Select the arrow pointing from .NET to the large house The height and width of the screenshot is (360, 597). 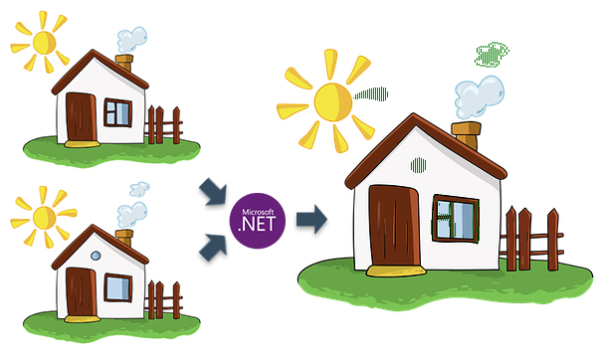point(312,220)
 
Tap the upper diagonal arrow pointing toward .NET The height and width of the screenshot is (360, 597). point(211,191)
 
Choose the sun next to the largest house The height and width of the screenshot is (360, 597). point(329,100)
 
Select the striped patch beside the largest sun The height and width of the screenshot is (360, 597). point(373,94)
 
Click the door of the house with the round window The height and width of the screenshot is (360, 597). point(81,289)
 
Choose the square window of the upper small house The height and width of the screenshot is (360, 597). point(117,112)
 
